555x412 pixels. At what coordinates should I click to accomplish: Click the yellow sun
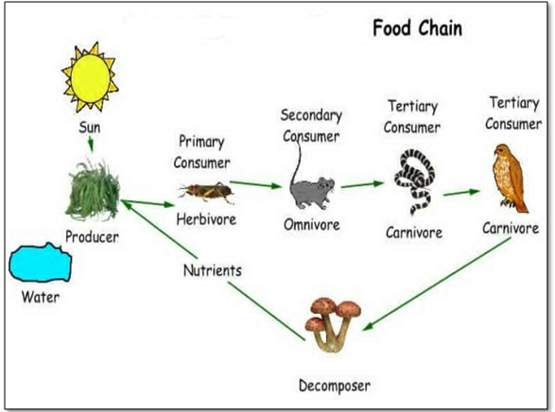[91, 75]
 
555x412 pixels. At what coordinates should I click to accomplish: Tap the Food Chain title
[417, 28]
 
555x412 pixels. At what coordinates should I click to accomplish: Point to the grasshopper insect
[206, 192]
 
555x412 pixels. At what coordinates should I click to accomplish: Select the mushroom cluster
[333, 322]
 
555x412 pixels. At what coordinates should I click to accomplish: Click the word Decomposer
[334, 385]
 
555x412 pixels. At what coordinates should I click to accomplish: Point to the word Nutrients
[212, 270]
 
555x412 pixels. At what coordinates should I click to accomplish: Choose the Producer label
[92, 236]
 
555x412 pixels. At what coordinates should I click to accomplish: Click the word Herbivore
[206, 219]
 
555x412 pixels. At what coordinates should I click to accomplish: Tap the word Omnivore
[311, 225]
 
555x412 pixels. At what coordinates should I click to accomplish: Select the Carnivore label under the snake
[413, 232]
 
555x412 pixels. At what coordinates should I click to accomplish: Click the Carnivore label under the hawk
[511, 228]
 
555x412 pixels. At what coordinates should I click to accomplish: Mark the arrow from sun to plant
[91, 144]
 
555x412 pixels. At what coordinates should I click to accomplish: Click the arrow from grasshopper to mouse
[256, 184]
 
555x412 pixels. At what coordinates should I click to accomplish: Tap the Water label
[40, 298]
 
